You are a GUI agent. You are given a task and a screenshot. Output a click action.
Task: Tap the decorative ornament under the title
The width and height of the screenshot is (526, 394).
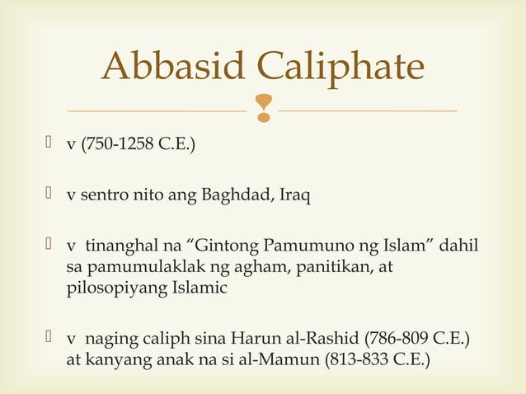click(263, 106)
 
